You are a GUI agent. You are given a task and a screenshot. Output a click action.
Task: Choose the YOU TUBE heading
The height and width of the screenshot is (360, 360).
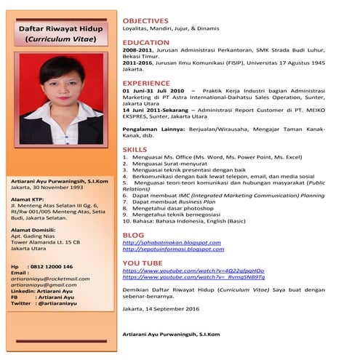click(x=143, y=263)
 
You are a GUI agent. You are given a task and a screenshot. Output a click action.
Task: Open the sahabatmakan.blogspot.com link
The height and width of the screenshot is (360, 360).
click(x=171, y=242)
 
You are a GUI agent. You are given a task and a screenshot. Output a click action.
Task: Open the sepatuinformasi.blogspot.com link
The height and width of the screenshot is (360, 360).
click(x=173, y=249)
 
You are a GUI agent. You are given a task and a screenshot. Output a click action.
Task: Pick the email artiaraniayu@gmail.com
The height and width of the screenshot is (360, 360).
click(x=44, y=285)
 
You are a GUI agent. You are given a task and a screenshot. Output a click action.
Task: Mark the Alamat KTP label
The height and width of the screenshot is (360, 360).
click(x=29, y=199)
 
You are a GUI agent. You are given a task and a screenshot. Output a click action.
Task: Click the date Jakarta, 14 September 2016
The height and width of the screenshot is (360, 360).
click(x=160, y=308)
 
